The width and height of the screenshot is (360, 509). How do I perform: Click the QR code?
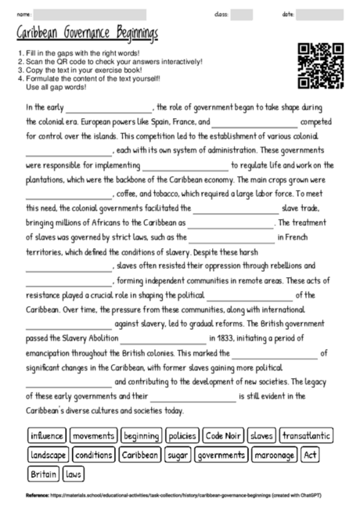pos(322,66)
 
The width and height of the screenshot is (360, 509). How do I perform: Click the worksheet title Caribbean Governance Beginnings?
pos(87,35)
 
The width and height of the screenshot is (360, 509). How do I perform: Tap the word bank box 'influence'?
pos(46,435)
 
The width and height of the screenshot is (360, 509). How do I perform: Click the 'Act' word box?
pos(310,455)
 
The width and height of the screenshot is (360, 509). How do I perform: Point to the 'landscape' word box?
pos(49,455)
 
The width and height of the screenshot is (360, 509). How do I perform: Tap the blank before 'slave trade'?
pos(235,208)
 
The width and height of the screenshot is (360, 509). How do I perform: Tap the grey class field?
pos(241,14)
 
